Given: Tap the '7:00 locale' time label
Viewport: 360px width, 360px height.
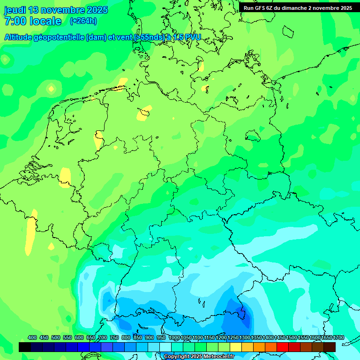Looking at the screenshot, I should click(x=33, y=21).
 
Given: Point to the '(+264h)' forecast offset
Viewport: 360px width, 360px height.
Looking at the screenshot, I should click(x=83, y=21).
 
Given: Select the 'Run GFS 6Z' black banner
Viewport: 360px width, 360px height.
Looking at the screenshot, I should click(x=298, y=8).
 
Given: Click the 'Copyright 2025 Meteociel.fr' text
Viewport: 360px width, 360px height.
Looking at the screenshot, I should click(x=199, y=357).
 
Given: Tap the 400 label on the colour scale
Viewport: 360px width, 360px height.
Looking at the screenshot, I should click(x=32, y=337).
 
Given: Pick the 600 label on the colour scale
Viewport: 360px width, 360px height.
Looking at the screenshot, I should click(x=79, y=337).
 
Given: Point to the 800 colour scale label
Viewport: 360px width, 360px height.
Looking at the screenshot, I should click(x=126, y=337).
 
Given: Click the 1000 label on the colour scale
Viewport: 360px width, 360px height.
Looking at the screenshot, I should click(x=174, y=337).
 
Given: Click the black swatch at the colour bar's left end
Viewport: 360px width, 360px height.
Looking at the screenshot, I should click(x=25, y=347).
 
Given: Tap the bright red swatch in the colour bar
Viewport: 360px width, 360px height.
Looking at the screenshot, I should click(x=283, y=347).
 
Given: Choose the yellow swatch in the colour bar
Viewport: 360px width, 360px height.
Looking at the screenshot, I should click(x=236, y=347).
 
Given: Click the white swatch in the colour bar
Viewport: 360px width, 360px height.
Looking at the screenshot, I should click(x=165, y=347).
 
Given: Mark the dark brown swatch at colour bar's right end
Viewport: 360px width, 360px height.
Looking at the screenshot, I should click(x=330, y=347).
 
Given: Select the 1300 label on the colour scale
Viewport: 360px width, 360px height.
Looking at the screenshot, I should click(x=245, y=337).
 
